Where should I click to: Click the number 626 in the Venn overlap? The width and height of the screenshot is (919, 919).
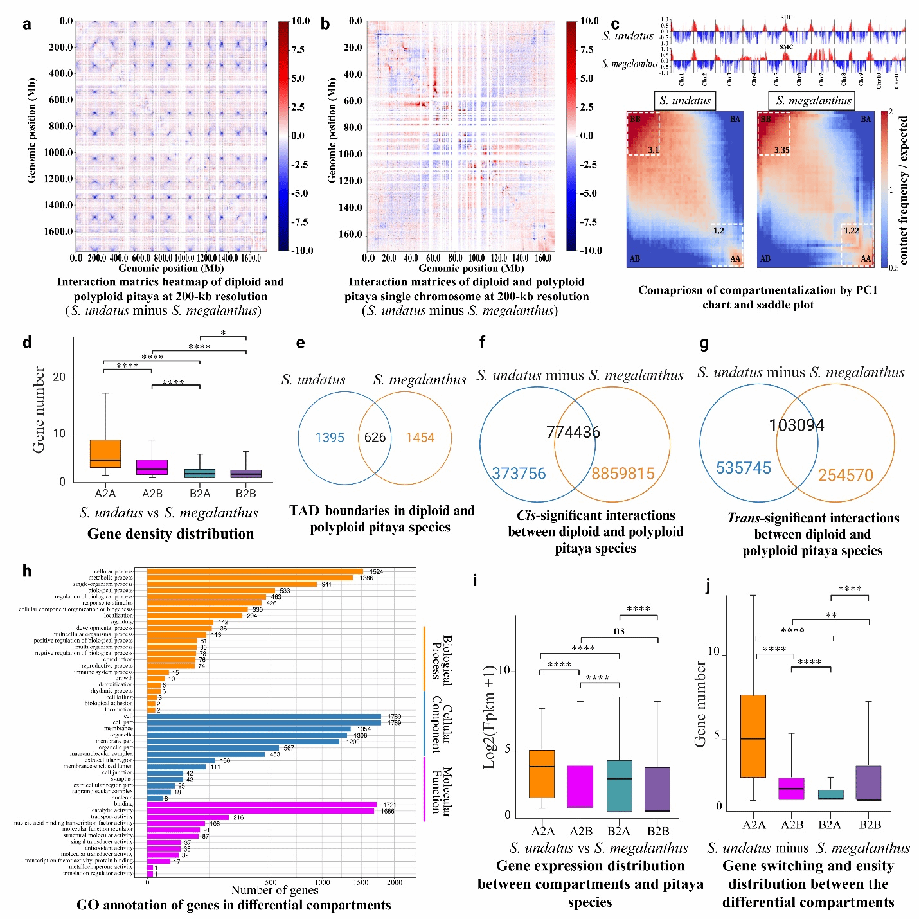coord(375,438)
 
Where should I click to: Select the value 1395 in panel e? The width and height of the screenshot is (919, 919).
coord(330,438)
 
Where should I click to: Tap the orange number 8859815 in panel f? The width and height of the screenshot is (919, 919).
coord(623,474)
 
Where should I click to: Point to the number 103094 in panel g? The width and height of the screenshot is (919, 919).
coord(796,425)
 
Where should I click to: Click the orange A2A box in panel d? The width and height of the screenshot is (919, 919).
coord(105,453)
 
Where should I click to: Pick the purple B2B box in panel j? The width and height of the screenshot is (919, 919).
coord(868,783)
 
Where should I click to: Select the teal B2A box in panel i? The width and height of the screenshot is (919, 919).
coord(619,786)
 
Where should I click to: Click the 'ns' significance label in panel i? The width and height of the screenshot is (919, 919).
coord(619,630)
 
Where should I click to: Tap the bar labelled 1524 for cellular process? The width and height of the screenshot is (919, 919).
coord(254,571)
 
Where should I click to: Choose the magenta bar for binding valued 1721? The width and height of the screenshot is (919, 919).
coord(262,805)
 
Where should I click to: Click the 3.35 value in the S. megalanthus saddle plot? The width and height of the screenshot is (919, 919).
coord(781,150)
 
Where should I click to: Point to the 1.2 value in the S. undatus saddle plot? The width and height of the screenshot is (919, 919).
coord(718,230)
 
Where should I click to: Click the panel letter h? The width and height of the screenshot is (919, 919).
coord(27,571)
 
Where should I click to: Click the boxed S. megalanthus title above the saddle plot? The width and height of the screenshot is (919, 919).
coord(813,100)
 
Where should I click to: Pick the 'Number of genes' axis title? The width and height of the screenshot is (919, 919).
coord(274,890)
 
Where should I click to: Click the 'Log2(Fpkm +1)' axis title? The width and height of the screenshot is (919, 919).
coord(490,717)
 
